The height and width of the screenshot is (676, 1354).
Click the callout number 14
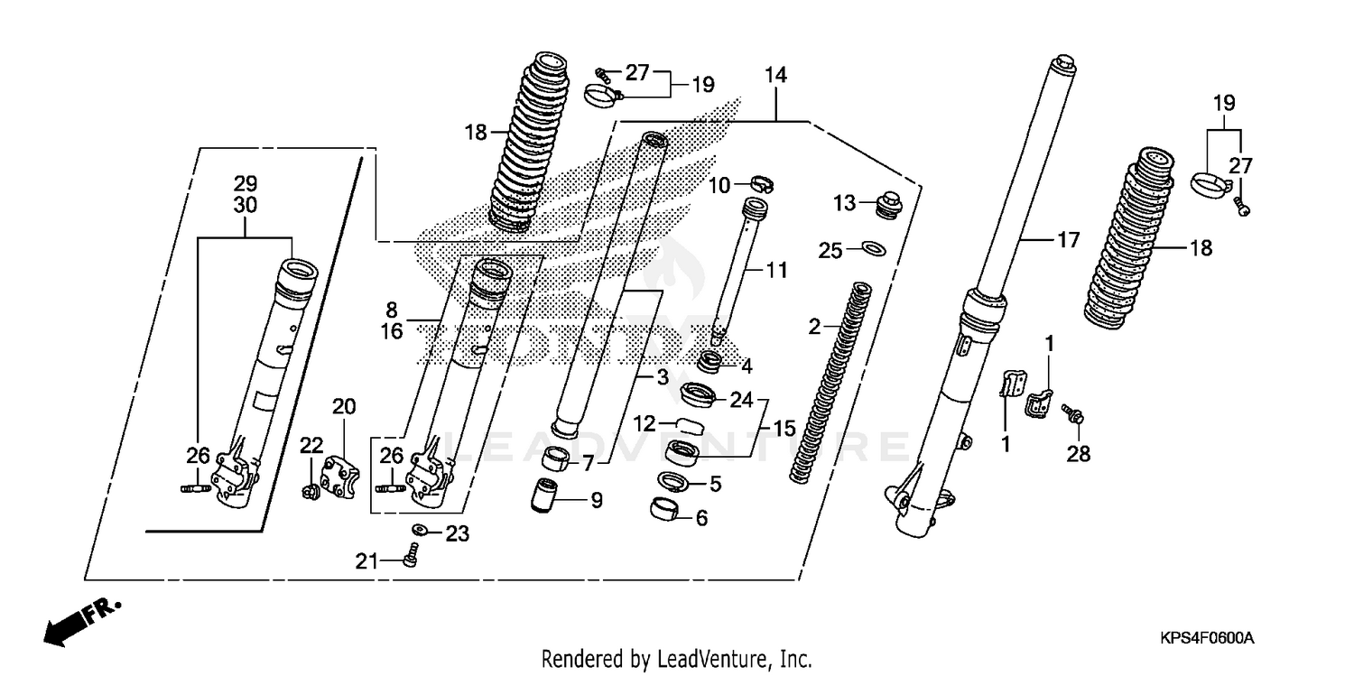(775, 76)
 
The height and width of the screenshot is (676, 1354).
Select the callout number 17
(1068, 241)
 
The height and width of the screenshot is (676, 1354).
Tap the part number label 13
(843, 204)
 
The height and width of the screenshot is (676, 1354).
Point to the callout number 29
(246, 184)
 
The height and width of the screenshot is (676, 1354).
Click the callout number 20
(345, 407)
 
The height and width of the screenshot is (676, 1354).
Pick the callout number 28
(1078, 454)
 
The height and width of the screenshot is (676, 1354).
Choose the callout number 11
(776, 269)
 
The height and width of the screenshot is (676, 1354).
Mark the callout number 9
(596, 499)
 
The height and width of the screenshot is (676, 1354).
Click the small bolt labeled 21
(412, 554)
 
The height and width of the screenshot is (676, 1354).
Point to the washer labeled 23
(421, 530)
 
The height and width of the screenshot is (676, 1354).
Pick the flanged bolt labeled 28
(1073, 416)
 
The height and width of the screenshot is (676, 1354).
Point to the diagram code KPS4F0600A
(1207, 638)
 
